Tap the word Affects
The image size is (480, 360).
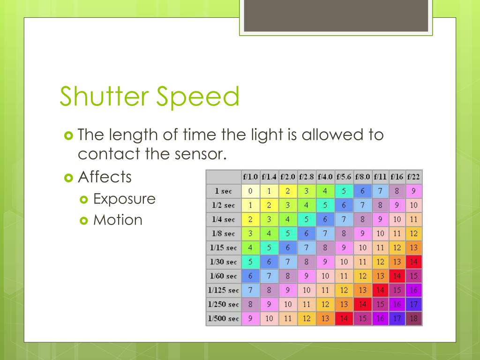[105, 177]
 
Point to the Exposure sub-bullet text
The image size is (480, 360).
[124, 199]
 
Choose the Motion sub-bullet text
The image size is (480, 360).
[118, 220]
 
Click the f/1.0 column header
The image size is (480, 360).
[250, 177]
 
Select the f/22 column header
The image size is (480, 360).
[414, 177]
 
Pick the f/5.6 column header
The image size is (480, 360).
[344, 177]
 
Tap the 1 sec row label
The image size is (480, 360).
[224, 191]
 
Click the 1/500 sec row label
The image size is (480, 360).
[224, 319]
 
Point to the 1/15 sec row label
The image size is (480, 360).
[224, 248]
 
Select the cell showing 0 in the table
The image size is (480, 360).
[250, 191]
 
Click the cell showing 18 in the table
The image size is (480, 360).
[414, 319]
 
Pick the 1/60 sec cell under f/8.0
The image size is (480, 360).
[363, 276]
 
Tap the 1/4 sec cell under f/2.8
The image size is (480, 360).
[307, 219]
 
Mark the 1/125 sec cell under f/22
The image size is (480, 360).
[414, 290]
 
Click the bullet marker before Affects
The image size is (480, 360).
[68, 178]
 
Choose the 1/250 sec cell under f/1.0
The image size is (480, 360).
[250, 305]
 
